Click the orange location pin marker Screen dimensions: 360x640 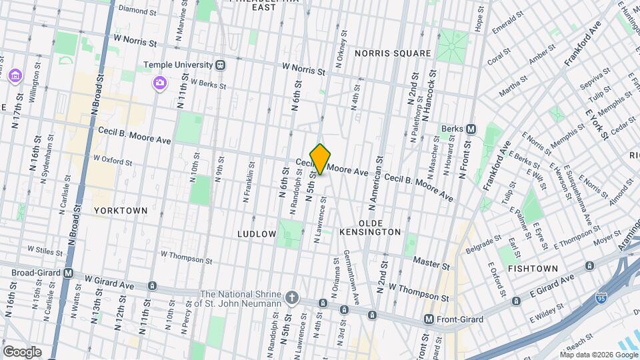point(321,159)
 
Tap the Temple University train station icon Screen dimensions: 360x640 point(220,65)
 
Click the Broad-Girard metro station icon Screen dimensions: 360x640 point(68,273)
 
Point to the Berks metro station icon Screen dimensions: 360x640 point(471,129)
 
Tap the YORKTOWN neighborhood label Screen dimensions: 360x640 point(120,210)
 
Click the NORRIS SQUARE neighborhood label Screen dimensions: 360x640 point(393,53)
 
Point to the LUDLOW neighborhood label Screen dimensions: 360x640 point(257,234)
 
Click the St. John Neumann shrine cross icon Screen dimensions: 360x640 point(291,296)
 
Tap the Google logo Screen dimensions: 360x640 point(21,351)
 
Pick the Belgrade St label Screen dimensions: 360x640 point(483,242)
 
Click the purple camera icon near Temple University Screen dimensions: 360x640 point(160,83)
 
